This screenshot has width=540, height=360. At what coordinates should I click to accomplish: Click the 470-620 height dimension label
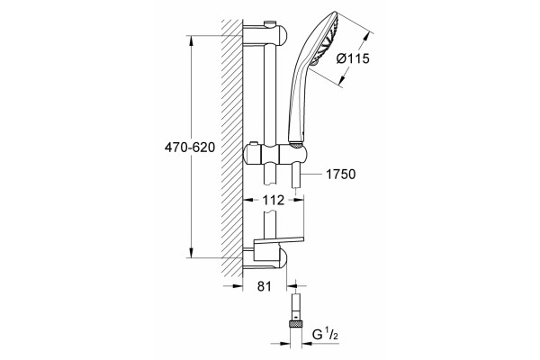pos(190,148)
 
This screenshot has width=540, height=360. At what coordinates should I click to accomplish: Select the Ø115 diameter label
pos(353,58)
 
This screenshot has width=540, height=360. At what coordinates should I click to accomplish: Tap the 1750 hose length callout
pos(340,175)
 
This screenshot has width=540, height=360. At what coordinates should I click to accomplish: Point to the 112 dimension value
pos(274,200)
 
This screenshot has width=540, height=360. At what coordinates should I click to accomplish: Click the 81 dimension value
pos(265,286)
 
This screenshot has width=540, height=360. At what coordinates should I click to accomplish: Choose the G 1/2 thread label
pos(325,334)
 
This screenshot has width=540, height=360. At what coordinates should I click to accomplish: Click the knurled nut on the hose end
pos(296,324)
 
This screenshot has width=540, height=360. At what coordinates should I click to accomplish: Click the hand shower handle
pos(297,103)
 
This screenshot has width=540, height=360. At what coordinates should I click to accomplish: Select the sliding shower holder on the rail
pos(274,154)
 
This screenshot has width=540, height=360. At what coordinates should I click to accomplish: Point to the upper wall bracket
pos(265,34)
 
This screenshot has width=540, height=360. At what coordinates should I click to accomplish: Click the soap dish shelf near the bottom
pos(279,240)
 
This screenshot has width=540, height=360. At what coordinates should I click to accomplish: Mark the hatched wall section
pos(232,148)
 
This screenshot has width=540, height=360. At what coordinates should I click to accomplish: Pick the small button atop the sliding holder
pos(254,143)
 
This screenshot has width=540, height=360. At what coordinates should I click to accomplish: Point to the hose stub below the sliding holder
pos(296,175)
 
